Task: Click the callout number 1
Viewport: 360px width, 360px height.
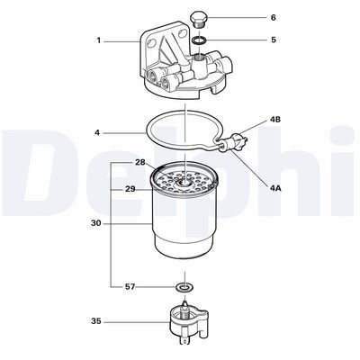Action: pyautogui.click(x=99, y=40)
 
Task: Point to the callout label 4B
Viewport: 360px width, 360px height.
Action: pyautogui.click(x=275, y=119)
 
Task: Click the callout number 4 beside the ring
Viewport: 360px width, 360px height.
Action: pyautogui.click(x=97, y=134)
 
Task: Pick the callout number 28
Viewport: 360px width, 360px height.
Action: pyautogui.click(x=139, y=162)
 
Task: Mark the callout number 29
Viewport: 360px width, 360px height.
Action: pyautogui.click(x=130, y=189)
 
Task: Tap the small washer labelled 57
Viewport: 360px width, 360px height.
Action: pyautogui.click(x=184, y=287)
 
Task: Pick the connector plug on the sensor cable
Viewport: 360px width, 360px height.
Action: pyautogui.click(x=236, y=140)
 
